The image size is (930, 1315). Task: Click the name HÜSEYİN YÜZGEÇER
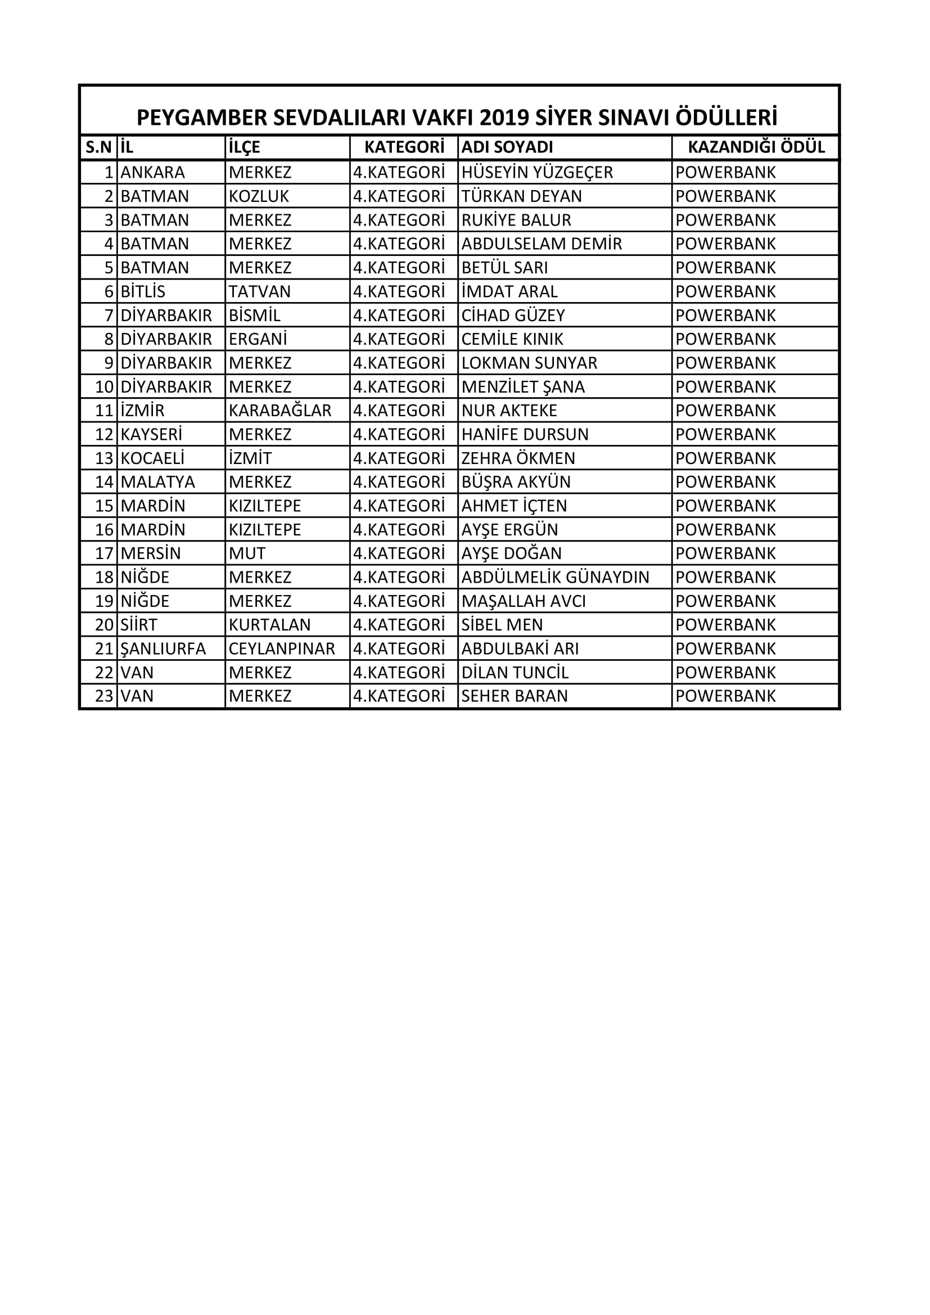[536, 173]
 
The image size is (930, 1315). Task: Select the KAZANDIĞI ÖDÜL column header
[755, 147]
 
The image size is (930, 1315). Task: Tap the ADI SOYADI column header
[507, 147]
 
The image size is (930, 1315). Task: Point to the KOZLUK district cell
[259, 196]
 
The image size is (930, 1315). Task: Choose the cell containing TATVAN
[259, 291]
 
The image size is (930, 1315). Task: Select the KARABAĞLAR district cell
[279, 411]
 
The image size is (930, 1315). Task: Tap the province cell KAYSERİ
[151, 434]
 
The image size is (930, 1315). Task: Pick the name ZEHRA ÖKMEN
[518, 458]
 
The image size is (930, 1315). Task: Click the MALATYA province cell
[157, 482]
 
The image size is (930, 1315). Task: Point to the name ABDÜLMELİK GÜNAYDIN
[555, 577]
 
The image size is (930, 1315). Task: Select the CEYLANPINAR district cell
[281, 649]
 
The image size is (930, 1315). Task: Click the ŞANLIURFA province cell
[162, 649]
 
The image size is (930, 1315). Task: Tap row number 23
[104, 696]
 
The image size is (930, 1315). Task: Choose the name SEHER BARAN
[514, 696]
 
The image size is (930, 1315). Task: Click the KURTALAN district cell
[269, 625]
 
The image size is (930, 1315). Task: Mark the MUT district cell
[247, 553]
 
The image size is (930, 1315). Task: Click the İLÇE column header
[244, 147]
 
